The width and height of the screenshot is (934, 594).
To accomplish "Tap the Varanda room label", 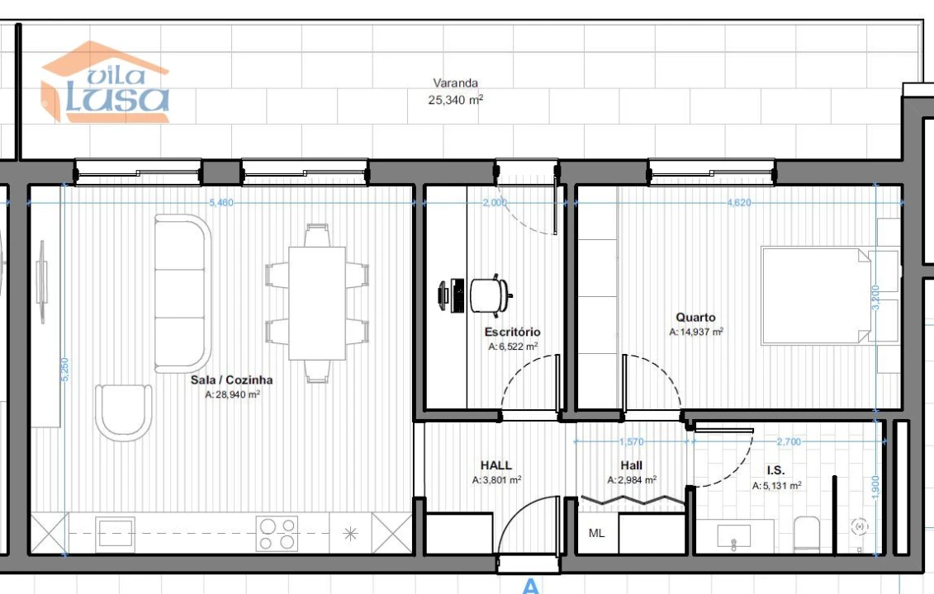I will (x=455, y=83).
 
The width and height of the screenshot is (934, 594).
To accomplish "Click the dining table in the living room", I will (x=317, y=303).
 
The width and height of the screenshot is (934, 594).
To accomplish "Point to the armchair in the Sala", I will (x=124, y=411).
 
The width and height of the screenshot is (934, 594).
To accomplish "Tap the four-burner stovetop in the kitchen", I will (x=277, y=533).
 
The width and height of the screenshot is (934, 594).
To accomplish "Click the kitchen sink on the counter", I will (x=115, y=533).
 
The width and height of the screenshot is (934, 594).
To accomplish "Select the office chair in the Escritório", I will (x=491, y=295).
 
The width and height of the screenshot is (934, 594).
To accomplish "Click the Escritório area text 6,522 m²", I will (x=513, y=347).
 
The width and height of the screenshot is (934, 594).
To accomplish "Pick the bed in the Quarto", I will (x=818, y=295).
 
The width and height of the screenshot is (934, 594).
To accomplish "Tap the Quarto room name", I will (x=695, y=317).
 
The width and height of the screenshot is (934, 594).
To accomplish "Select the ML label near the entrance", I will (x=596, y=533).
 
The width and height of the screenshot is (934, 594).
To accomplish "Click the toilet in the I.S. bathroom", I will (x=806, y=534).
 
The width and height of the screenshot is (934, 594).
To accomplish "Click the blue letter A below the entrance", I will (x=530, y=587).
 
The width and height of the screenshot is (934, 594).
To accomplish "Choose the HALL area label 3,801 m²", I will (x=496, y=479).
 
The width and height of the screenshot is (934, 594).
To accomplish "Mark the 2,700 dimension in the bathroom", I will (x=789, y=442).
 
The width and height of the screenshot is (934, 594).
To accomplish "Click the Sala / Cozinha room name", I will (x=231, y=380).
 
